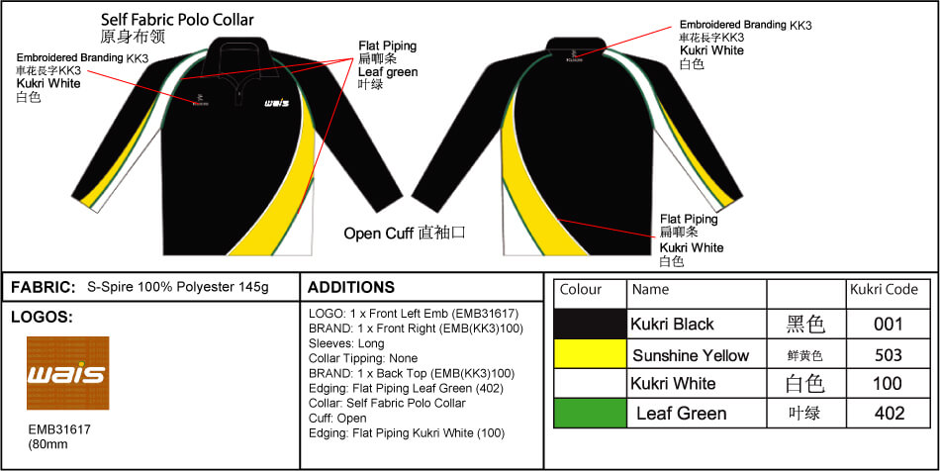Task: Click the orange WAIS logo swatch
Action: click(67, 373)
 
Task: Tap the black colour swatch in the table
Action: click(591, 324)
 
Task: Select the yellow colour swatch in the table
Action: click(591, 354)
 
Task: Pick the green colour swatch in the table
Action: click(591, 413)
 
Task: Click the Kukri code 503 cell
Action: click(888, 354)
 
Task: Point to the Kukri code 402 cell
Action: click(888, 413)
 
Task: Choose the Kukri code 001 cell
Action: click(888, 324)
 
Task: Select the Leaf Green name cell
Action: click(681, 414)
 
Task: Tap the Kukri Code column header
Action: click(884, 290)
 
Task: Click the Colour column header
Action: click(581, 290)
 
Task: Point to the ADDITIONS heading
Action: click(351, 288)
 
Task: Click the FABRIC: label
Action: click(43, 288)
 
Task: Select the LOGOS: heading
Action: click(42, 318)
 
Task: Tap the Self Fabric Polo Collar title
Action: click(177, 19)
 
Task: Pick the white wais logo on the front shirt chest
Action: click(276, 102)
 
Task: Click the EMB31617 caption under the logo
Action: click(58, 430)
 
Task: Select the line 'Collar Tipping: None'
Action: click(363, 358)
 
